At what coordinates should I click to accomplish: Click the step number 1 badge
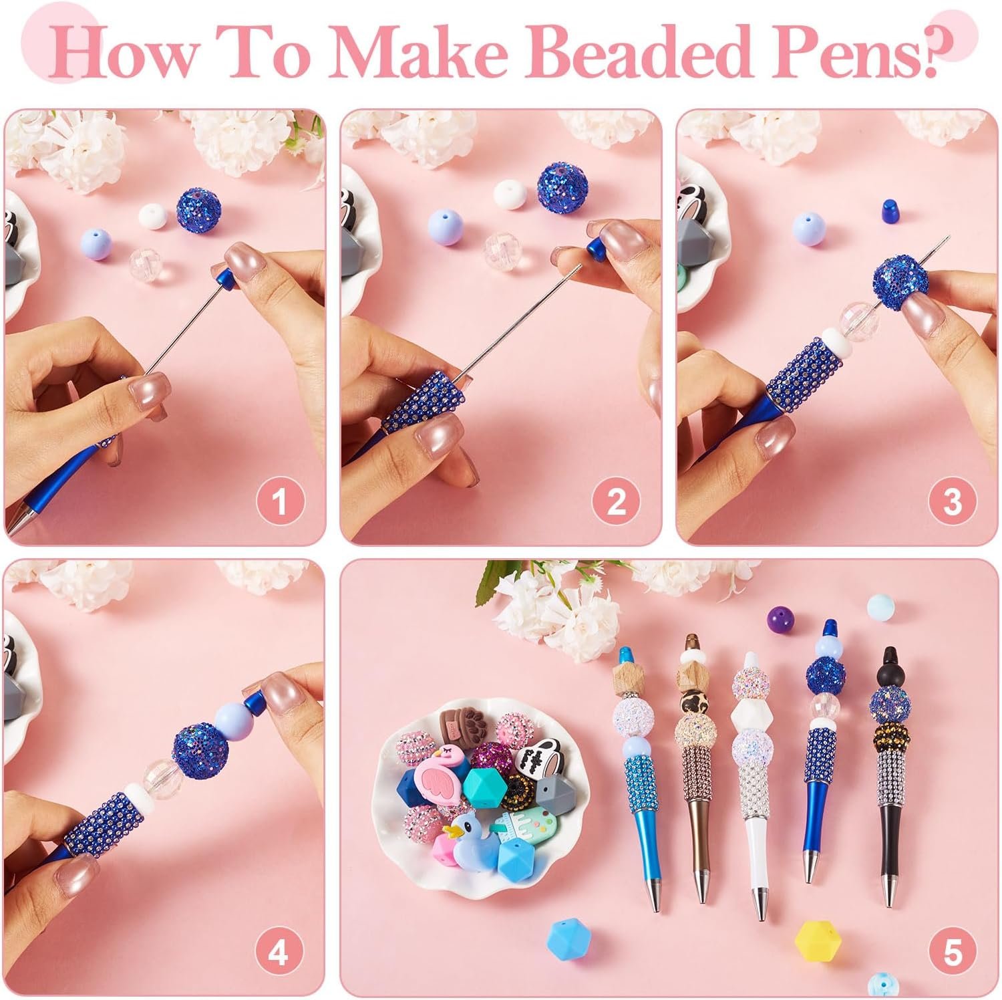coord(280,501)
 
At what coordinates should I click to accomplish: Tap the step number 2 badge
coord(616,501)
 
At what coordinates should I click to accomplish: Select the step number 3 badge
coord(952,501)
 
